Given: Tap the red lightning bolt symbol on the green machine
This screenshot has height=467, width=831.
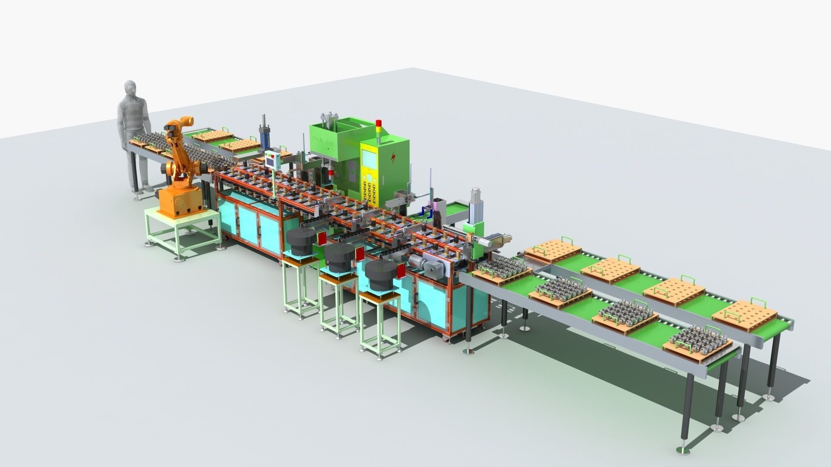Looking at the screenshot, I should click(x=393, y=157).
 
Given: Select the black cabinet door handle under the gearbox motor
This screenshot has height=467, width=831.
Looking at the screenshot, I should click(x=416, y=298).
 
